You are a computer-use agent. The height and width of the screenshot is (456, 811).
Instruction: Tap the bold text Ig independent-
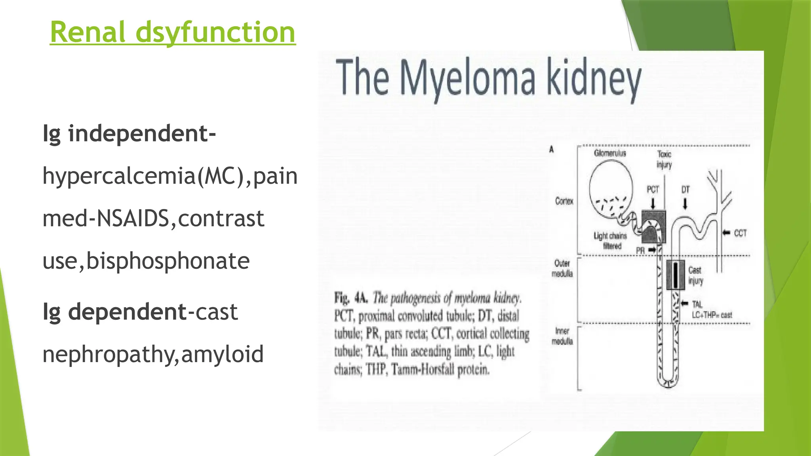coord(129,133)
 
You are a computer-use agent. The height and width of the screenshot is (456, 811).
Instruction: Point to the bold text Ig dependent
coord(114,312)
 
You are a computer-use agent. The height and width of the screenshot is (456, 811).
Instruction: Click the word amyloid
coord(222,354)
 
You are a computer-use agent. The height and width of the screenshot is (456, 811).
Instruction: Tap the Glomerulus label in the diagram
coord(610,153)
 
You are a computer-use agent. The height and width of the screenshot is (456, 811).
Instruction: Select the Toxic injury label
coord(664,159)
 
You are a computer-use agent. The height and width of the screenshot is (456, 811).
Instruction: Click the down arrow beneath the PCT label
coord(653,203)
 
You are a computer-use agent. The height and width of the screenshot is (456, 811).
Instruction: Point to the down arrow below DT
coord(685,203)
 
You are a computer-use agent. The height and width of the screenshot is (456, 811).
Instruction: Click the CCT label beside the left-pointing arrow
coord(740,233)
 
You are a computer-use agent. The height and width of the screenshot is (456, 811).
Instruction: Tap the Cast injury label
coord(695,275)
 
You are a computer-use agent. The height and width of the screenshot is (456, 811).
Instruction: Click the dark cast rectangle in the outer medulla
coord(675,275)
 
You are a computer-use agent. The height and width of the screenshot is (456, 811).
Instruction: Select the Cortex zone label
coord(564,201)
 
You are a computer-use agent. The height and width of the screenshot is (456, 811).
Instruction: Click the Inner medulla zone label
coord(562,336)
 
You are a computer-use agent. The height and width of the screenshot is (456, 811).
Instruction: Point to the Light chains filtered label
coord(610,241)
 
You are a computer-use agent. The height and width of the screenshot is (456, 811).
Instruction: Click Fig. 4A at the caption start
coord(351,298)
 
